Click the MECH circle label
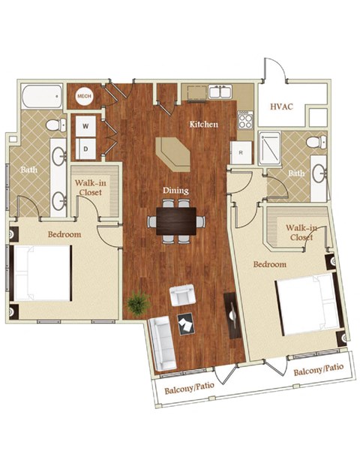coord(83,96)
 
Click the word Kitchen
coord(203,124)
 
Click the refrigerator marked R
coord(241,152)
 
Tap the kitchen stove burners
coord(244,120)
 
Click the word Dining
coord(177,191)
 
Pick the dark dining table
coord(176,220)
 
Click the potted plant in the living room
coord(137,303)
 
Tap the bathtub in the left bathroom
coord(42,96)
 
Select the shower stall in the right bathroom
coord(269,148)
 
